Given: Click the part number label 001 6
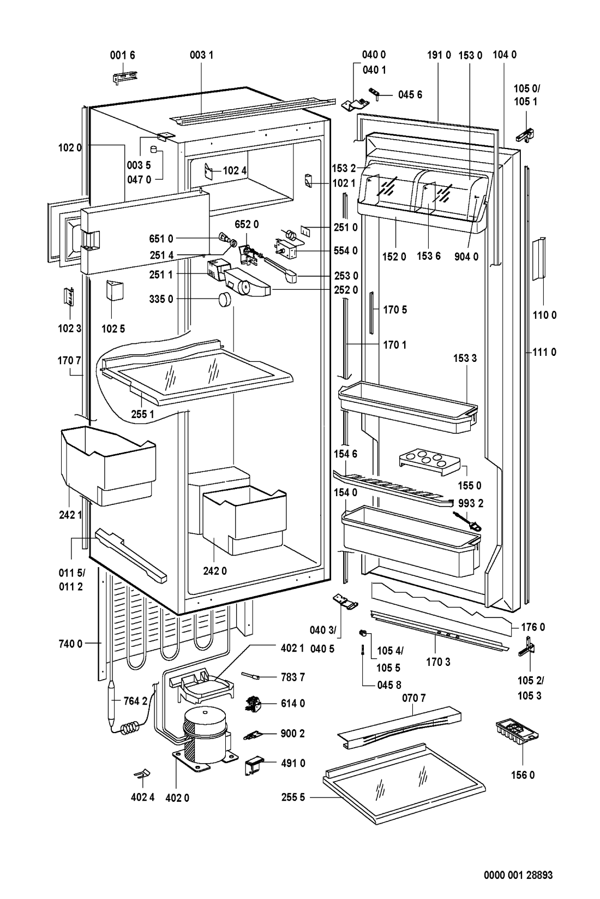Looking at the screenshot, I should (123, 55).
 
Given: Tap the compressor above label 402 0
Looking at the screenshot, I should (205, 734).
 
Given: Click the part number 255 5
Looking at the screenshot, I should (293, 797).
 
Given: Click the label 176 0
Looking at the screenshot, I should (532, 628).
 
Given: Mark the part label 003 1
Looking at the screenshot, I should (201, 55).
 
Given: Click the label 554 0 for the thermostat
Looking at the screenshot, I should (346, 251).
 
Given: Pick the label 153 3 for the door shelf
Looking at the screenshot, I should (465, 358).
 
